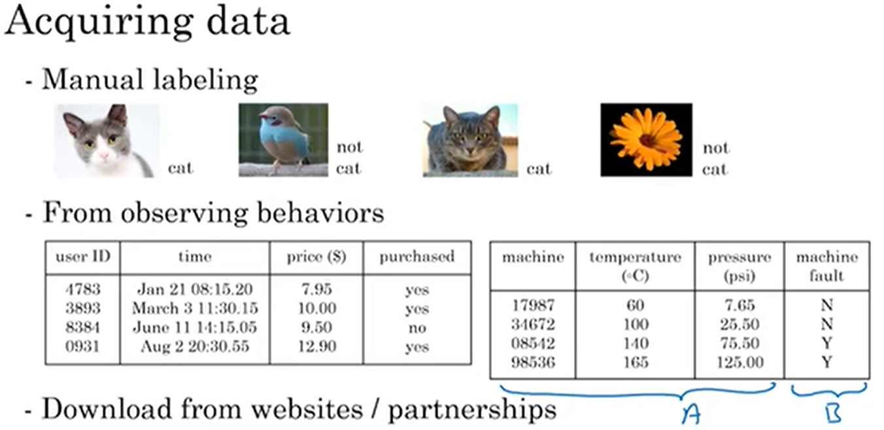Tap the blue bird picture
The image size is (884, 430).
[x=283, y=139]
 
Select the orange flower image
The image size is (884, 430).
[x=646, y=139]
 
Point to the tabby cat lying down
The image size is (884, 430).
[x=469, y=139]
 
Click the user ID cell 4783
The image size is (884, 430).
[x=83, y=289]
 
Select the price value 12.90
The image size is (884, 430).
[x=316, y=346]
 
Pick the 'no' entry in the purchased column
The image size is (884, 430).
[x=416, y=327]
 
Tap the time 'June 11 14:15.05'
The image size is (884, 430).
[x=195, y=327]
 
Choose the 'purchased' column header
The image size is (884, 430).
[x=416, y=257]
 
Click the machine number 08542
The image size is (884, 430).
[x=532, y=343]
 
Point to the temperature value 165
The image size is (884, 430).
[x=634, y=362]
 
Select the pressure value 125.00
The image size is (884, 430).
[x=739, y=362]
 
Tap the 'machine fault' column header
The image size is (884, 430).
[x=826, y=266]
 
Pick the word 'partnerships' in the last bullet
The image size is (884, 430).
[x=472, y=410]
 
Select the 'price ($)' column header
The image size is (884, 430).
[x=316, y=257]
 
